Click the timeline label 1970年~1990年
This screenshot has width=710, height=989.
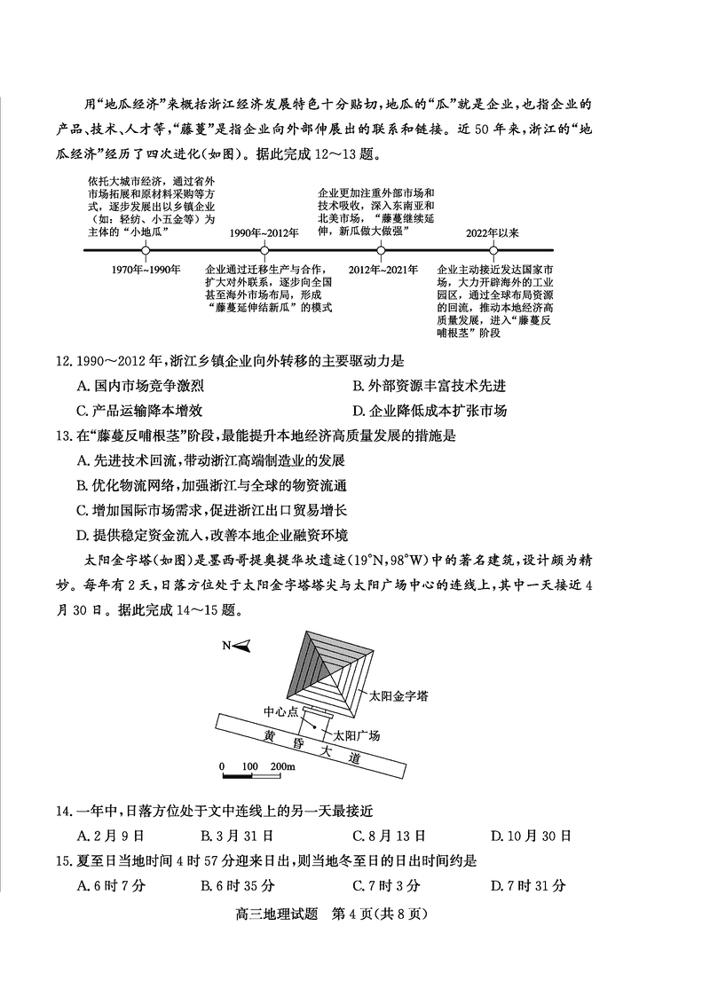pos(147,269)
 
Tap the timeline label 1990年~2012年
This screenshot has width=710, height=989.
pos(264,232)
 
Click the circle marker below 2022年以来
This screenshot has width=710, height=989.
pos(493,250)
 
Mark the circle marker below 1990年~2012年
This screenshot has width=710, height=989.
pos(264,250)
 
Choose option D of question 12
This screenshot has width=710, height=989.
pos(430,411)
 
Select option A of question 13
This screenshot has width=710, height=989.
pos(211,460)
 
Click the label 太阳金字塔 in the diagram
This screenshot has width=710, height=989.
pos(398,696)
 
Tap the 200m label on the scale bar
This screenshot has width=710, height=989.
pos(282,766)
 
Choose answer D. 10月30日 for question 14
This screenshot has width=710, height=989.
pos(531,836)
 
